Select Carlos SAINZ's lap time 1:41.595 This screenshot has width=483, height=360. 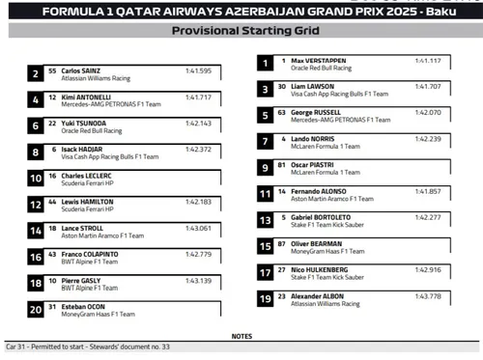point(197,71)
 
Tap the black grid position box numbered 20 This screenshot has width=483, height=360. point(36,309)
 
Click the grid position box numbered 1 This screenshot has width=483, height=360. point(265,64)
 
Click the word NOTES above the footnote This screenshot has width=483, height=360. point(241,336)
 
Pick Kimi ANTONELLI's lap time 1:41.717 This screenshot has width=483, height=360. point(197,97)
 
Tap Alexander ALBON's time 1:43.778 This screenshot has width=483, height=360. point(428,295)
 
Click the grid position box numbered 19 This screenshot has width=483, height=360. point(265,299)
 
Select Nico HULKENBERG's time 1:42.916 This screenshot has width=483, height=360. point(428,269)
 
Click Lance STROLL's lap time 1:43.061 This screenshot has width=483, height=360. point(197,228)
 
